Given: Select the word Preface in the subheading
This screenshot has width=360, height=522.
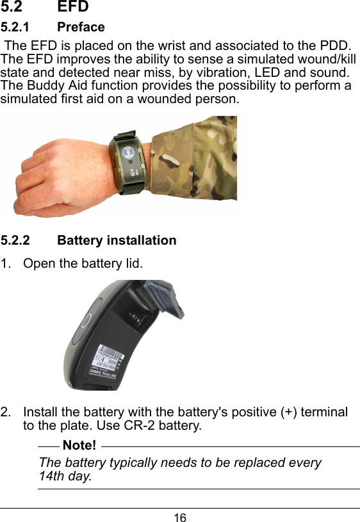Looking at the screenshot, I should [x=81, y=27].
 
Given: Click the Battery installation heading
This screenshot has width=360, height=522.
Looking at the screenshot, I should [x=117, y=240].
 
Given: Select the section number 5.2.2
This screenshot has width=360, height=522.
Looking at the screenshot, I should [x=15, y=240].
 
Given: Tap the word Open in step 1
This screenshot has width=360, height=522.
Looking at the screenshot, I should [x=37, y=263].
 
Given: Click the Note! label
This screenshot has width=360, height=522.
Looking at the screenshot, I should [x=81, y=445].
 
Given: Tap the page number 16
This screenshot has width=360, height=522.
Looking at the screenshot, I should [x=180, y=517].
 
